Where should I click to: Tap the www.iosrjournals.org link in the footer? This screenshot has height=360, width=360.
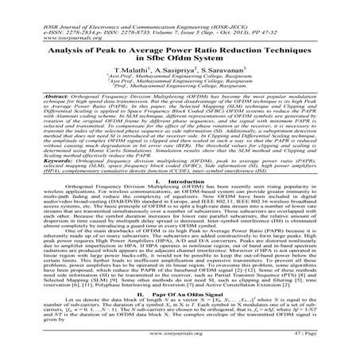pyautogui.click(x=180, y=347)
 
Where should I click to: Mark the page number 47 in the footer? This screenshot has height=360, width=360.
pyautogui.click(x=315, y=347)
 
